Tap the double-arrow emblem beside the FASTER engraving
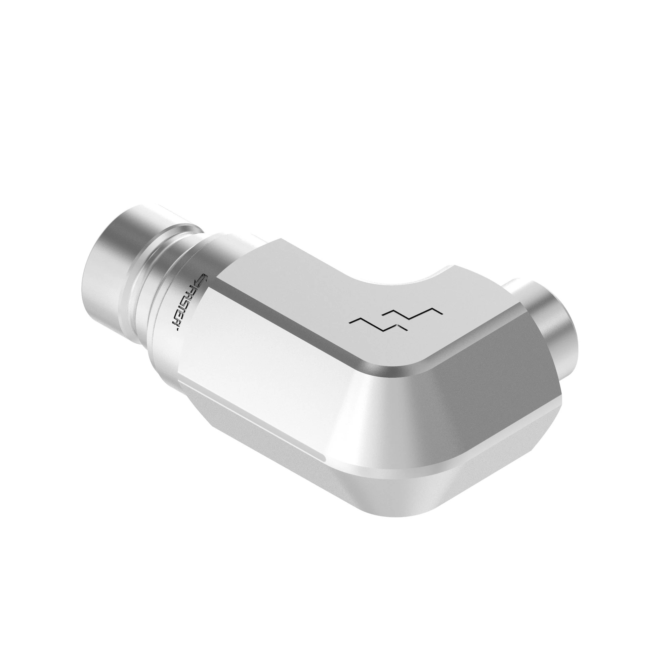click(201, 280)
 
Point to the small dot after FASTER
click(177, 330)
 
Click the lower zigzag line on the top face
click(377, 325)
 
